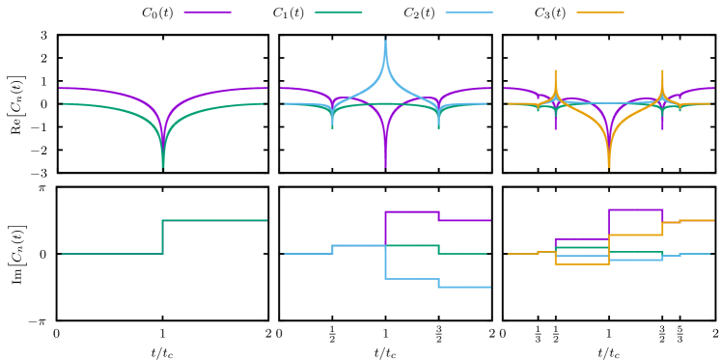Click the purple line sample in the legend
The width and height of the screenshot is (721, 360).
[x=207, y=13]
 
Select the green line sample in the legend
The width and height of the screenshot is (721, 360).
[x=338, y=13]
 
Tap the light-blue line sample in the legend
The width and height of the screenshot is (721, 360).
[x=469, y=13]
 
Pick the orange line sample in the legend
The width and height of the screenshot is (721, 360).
[x=599, y=13]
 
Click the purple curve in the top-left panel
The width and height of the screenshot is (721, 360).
[x=97, y=90]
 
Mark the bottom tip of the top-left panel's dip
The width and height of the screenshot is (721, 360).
[x=162, y=168]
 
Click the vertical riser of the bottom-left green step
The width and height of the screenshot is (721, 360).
[x=162, y=236]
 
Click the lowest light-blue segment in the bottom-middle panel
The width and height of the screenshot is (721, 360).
[x=464, y=287]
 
